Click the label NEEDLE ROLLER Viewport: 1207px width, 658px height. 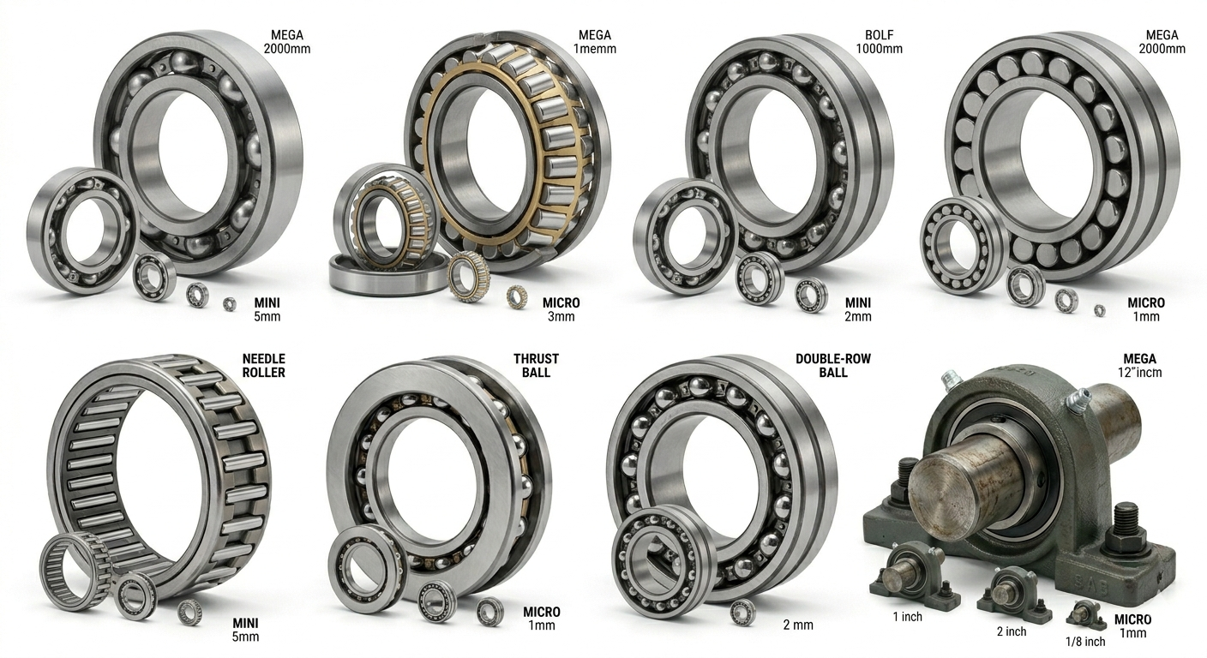[263, 366]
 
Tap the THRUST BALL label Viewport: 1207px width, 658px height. [536, 366]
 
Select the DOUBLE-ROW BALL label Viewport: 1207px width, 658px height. [833, 366]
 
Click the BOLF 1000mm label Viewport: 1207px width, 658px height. [879, 42]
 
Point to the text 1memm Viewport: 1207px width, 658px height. [594, 49]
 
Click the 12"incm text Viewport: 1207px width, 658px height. [1139, 373]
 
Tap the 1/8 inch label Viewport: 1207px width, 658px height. [1085, 642]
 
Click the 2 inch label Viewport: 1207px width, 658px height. [1012, 631]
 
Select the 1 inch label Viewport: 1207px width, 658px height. [908, 617]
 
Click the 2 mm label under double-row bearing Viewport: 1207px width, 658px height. [798, 625]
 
